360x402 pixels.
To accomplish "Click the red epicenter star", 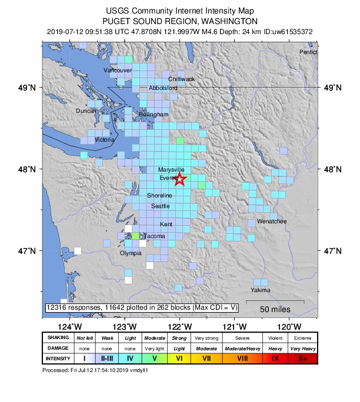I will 180,178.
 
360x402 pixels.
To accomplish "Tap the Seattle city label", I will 161,206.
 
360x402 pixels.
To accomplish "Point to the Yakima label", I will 261,290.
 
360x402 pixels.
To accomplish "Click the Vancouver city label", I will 117,71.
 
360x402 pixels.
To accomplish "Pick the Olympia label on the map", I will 131,253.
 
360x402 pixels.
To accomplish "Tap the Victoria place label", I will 105,140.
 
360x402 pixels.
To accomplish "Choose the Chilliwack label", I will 182,79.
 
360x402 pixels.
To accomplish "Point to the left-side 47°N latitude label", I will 28,251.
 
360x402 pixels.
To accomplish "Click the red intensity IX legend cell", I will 275,358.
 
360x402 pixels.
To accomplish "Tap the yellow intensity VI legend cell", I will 179,358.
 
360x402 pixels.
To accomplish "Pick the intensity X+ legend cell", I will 303,358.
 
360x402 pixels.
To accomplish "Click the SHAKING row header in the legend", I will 58,338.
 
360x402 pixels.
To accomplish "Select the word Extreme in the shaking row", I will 303,338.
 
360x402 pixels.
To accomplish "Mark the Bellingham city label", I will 154,115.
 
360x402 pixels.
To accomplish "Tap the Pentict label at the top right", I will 308,52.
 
